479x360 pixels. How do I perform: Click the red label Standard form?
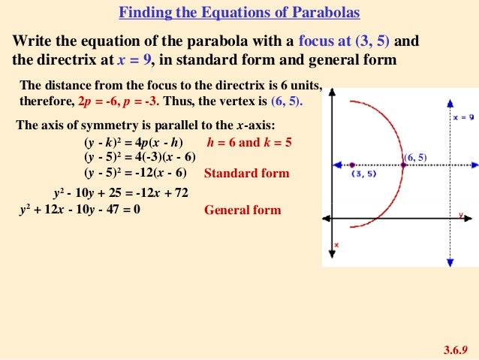tap(246, 173)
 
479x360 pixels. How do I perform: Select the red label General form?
tap(243, 210)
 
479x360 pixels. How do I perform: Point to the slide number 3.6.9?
tap(456, 349)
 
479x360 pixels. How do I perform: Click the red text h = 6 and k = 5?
tap(249, 142)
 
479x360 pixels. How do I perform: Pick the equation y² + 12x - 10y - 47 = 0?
tap(79, 209)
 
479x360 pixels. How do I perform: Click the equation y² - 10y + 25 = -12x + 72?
tap(120, 193)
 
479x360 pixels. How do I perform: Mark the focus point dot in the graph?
tap(352, 165)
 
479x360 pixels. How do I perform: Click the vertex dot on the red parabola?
tap(404, 165)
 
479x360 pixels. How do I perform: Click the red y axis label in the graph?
tap(459, 215)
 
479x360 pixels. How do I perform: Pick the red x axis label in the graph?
tap(336, 245)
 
